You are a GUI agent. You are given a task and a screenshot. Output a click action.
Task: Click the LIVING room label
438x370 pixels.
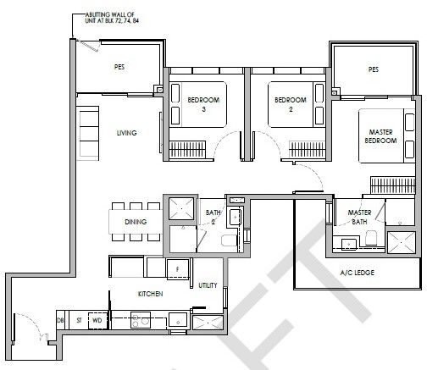(126, 133)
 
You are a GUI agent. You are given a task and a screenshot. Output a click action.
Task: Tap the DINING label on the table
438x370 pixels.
(136, 222)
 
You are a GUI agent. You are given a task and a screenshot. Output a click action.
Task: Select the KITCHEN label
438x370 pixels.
(150, 294)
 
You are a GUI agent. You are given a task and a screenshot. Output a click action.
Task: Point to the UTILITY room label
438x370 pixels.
(208, 285)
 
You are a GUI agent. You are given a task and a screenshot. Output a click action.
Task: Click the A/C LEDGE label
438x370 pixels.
(358, 273)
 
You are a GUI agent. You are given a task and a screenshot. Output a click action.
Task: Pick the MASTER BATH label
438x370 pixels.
(359, 217)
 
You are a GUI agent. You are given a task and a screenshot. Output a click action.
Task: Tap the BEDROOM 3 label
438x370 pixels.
(203, 104)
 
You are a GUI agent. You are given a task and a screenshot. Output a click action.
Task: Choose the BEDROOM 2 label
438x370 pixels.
(291, 104)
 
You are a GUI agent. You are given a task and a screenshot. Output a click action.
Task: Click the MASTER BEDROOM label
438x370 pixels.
(380, 136)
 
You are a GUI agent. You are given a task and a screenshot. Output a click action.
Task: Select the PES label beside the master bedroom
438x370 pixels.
(374, 69)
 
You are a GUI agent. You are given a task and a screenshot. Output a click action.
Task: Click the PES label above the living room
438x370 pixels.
(119, 67)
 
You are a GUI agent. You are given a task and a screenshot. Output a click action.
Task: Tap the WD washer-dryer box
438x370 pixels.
(97, 321)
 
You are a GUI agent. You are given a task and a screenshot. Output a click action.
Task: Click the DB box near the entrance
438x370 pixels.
(60, 320)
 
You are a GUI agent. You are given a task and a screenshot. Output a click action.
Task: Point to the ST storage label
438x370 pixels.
(79, 320)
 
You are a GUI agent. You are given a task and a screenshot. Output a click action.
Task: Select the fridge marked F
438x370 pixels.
(178, 269)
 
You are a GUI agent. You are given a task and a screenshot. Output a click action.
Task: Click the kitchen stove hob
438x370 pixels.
(141, 320)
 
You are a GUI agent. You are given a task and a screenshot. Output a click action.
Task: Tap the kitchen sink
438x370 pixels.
(178, 321)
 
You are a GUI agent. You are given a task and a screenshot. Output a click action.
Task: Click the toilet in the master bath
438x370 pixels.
(371, 238)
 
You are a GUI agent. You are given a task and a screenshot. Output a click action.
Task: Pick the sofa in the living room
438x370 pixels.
(88, 134)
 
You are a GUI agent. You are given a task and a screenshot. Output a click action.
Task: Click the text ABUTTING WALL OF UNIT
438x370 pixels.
(112, 18)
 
